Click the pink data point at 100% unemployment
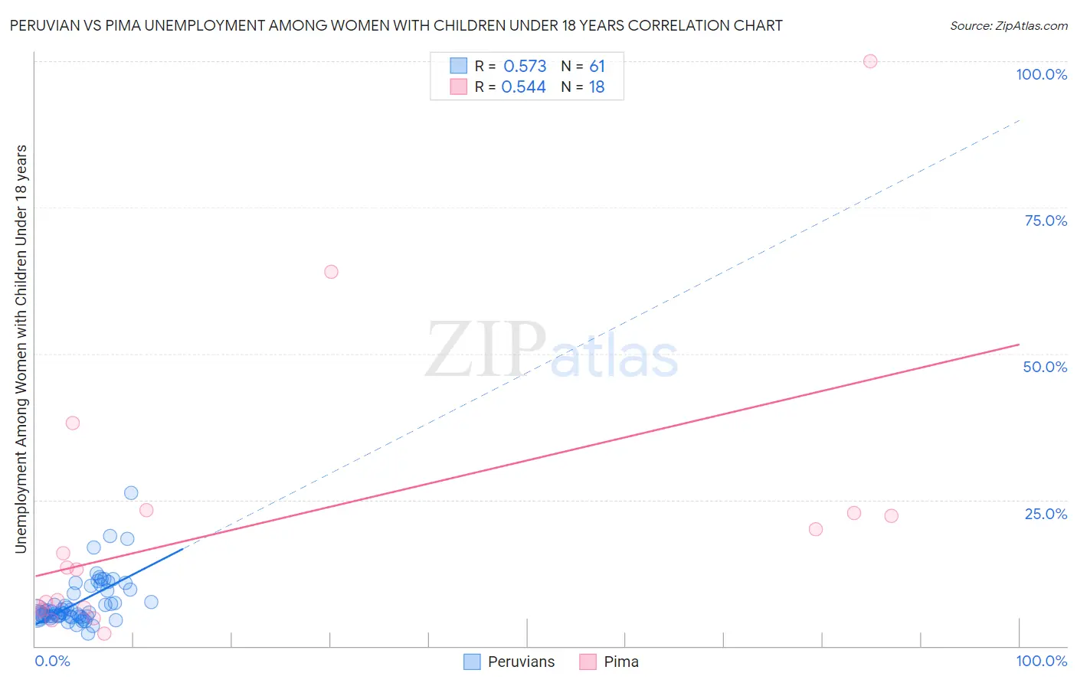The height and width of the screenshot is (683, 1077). [870, 61]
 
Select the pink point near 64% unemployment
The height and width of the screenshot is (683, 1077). [331, 272]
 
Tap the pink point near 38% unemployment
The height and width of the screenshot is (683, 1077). [73, 423]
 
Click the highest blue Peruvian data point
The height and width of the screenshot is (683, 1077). [131, 493]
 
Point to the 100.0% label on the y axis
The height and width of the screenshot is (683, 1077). [1041, 74]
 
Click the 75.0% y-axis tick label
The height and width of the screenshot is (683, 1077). [1046, 221]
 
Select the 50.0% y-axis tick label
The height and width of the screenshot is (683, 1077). [1045, 367]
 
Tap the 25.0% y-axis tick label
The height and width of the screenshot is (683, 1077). [1046, 514]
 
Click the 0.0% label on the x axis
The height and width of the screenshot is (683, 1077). [52, 661]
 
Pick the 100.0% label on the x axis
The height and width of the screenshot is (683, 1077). [1041, 661]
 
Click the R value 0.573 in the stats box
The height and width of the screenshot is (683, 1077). [525, 67]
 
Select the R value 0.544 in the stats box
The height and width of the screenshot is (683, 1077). [523, 87]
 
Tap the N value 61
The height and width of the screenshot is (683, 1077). [597, 67]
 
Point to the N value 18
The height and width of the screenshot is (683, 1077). [597, 87]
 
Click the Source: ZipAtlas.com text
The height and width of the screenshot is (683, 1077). [1008, 26]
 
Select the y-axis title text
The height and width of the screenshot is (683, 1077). [21, 348]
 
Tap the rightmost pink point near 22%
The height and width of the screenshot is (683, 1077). [891, 516]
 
